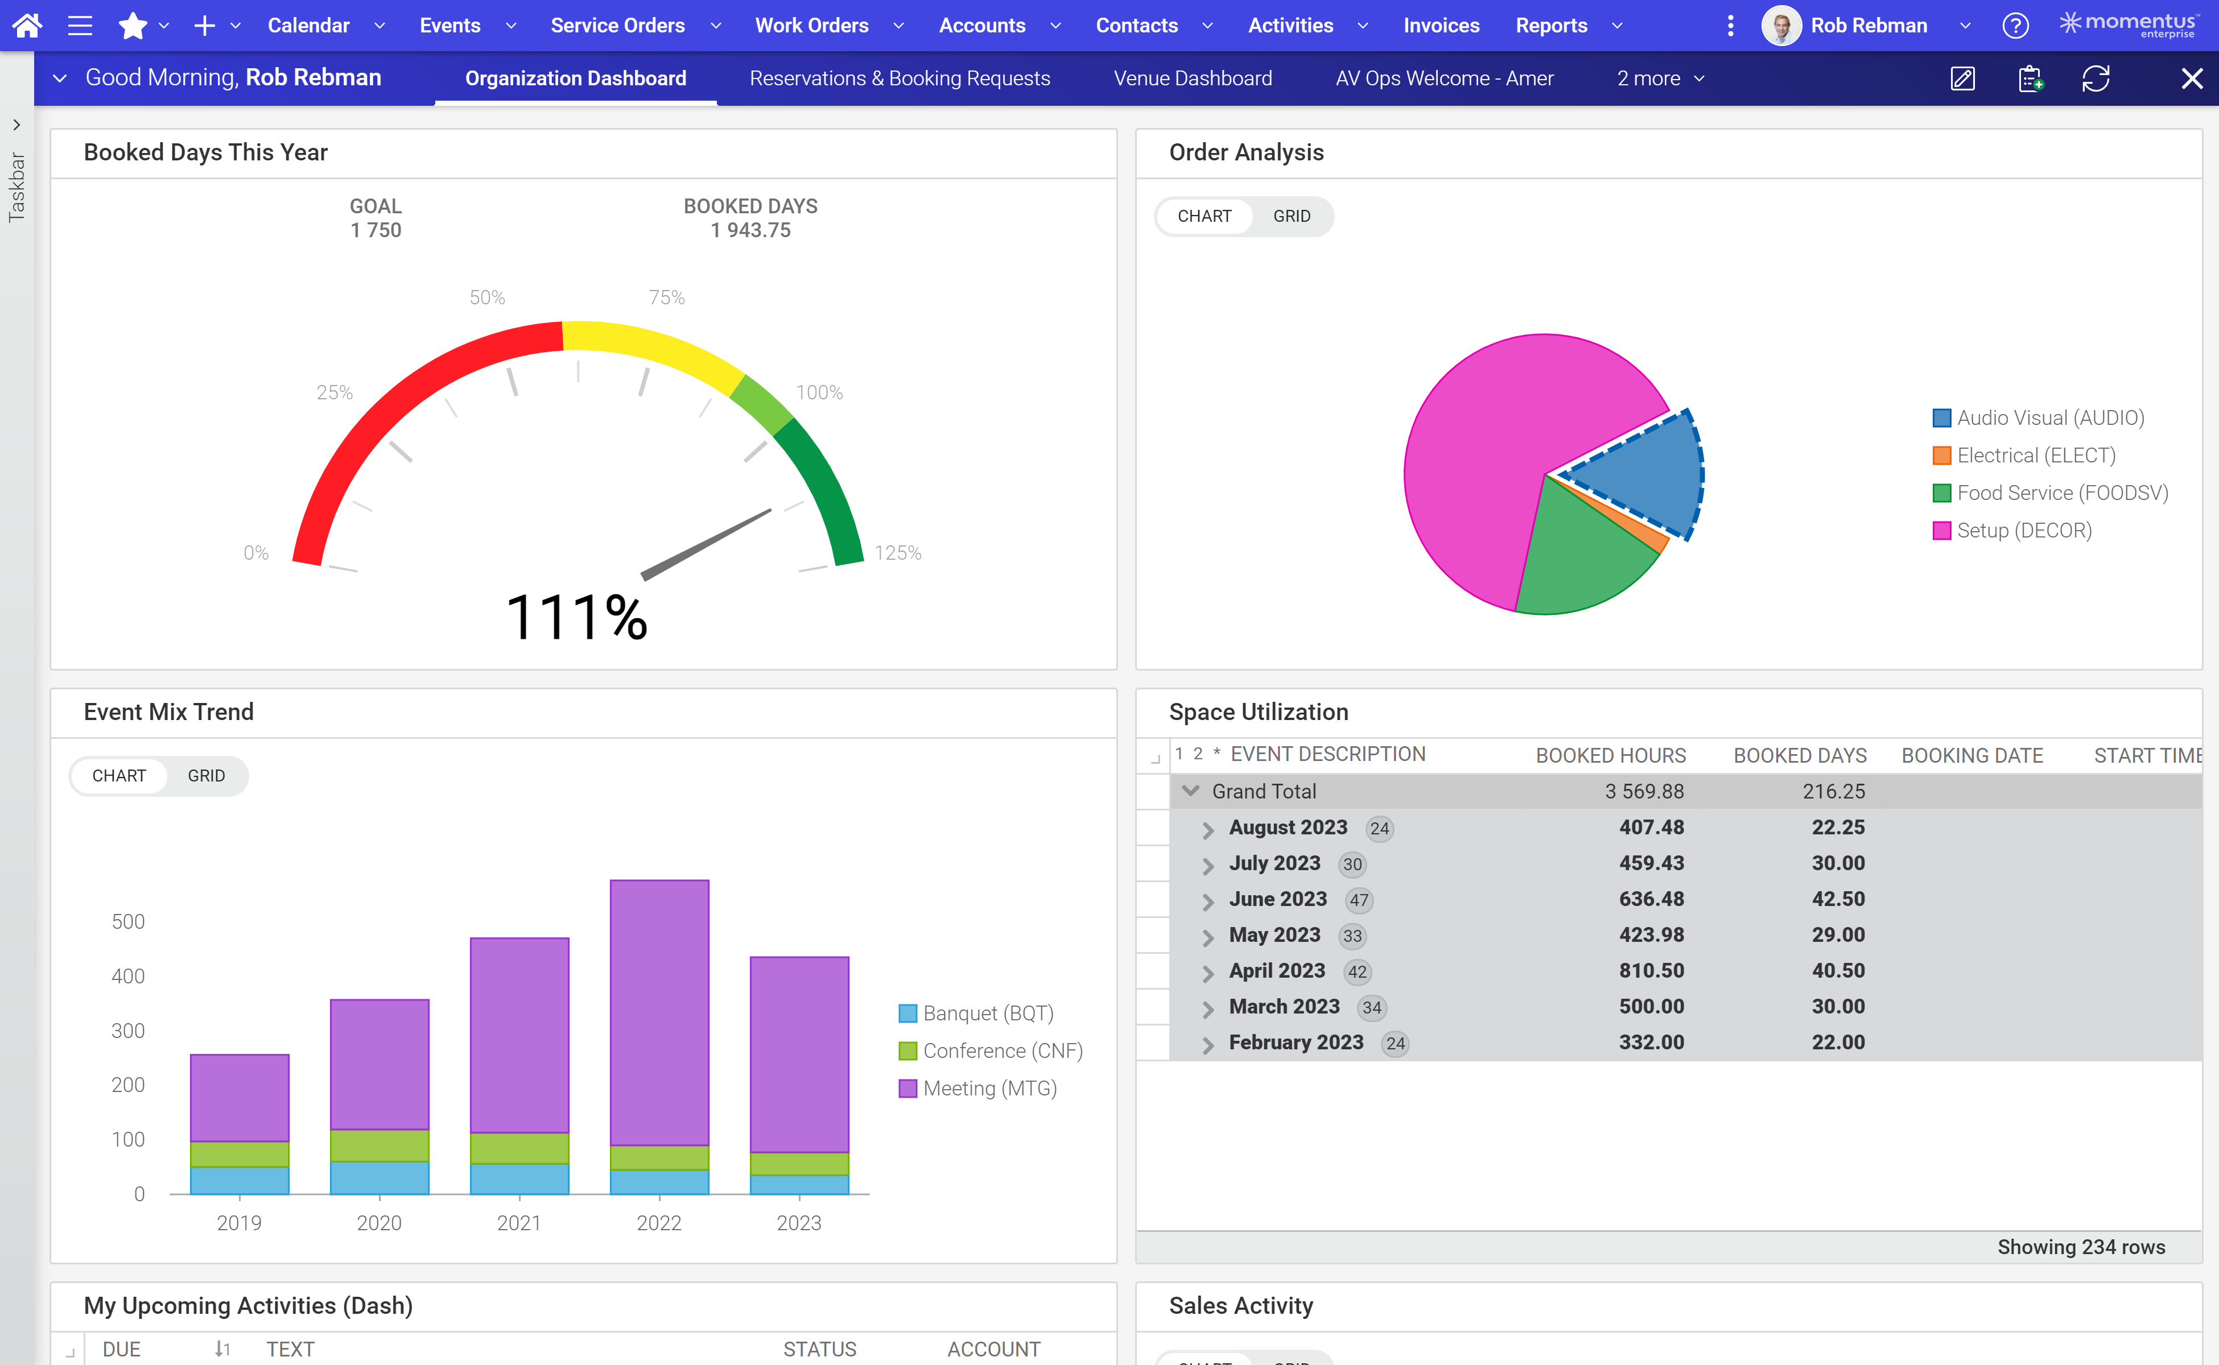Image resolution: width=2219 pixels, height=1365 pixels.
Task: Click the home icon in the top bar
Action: coord(27,25)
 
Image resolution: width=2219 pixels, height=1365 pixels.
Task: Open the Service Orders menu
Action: coord(618,25)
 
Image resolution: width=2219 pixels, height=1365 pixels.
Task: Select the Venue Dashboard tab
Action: coord(1192,78)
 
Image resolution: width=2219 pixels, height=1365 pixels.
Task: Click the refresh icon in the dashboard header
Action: coord(2096,78)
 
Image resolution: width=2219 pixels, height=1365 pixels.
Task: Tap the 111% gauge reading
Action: coord(576,618)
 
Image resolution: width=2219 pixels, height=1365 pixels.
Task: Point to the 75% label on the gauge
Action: coord(666,297)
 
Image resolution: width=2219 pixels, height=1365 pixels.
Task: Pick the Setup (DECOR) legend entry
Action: coord(2023,531)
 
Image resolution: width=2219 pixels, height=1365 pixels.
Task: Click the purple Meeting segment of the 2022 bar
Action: coord(659,1011)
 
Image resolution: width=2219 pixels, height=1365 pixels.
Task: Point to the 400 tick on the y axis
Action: coord(127,976)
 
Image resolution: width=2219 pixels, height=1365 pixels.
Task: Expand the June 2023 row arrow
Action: coord(1207,901)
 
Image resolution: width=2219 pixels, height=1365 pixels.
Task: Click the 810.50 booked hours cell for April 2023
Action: coord(1651,970)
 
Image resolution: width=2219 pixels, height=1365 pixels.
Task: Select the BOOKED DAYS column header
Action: coord(1799,756)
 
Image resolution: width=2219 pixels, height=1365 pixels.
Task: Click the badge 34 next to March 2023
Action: coord(1371,1007)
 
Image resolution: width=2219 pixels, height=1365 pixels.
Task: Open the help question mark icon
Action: coord(2015,25)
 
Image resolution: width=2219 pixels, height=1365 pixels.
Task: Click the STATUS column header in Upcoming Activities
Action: coord(819,1349)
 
